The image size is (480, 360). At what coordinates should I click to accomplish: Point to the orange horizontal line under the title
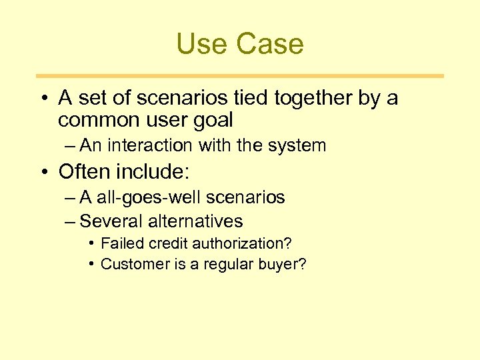[x=240, y=76]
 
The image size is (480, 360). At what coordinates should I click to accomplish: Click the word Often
[x=85, y=172]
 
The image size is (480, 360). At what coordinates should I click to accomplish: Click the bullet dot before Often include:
[x=43, y=172]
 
